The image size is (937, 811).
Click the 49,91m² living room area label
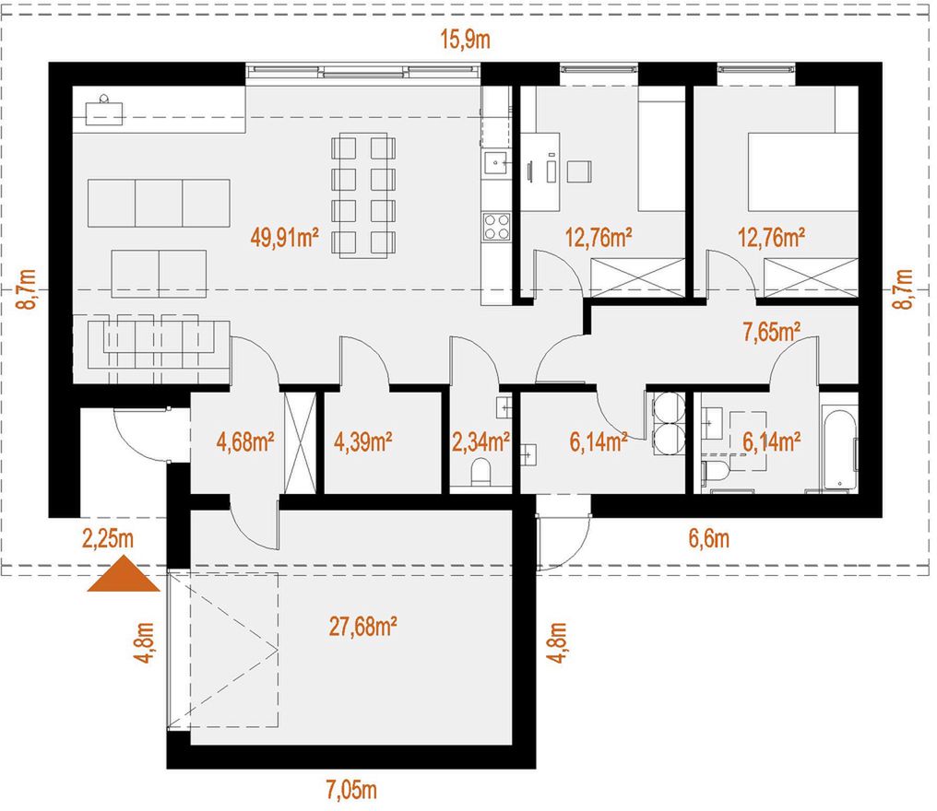[285, 238]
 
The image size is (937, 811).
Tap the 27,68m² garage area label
[363, 627]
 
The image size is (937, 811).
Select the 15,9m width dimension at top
[466, 40]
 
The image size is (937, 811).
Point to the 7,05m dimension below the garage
[351, 790]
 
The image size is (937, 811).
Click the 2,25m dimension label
[108, 539]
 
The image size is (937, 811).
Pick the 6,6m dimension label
[709, 539]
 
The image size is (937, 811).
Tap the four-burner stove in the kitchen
[496, 226]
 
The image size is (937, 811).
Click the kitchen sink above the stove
[496, 161]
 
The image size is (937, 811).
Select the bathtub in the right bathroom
[839, 448]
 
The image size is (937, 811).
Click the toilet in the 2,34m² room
[480, 473]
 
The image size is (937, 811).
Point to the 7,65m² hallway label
[772, 332]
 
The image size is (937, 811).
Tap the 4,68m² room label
[245, 442]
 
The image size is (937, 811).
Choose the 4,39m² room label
[363, 442]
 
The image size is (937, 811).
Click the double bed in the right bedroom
[802, 172]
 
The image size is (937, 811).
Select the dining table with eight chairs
[362, 195]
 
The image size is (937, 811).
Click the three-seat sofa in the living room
[159, 203]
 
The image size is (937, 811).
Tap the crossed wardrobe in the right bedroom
[811, 277]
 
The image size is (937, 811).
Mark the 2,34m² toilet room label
[481, 442]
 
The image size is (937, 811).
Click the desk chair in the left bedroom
[580, 171]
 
